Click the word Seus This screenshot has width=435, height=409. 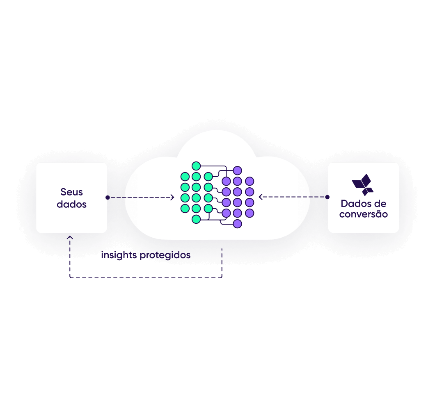pyautogui.click(x=71, y=192)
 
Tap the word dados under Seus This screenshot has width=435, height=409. pyautogui.click(x=71, y=204)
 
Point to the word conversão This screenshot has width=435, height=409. pyautogui.click(x=363, y=214)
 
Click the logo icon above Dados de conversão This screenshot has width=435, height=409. pyautogui.click(x=363, y=185)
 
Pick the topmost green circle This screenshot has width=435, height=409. pyautogui.click(x=196, y=166)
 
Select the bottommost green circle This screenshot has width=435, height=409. pyautogui.click(x=196, y=219)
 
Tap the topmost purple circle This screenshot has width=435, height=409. pyautogui.click(x=237, y=170)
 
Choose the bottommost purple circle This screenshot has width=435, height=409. pyautogui.click(x=237, y=224)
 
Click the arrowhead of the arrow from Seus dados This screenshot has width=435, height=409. pyautogui.click(x=172, y=197)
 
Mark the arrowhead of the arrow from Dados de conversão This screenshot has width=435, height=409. pyautogui.click(x=261, y=197)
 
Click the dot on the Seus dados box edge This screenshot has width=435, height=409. pyautogui.click(x=107, y=197)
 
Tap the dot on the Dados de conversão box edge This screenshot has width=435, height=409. pyautogui.click(x=327, y=197)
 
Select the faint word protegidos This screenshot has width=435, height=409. pyautogui.click(x=165, y=255)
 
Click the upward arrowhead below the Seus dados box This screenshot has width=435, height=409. pyautogui.click(x=70, y=236)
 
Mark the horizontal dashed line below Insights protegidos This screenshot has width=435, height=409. pyautogui.click(x=146, y=278)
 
